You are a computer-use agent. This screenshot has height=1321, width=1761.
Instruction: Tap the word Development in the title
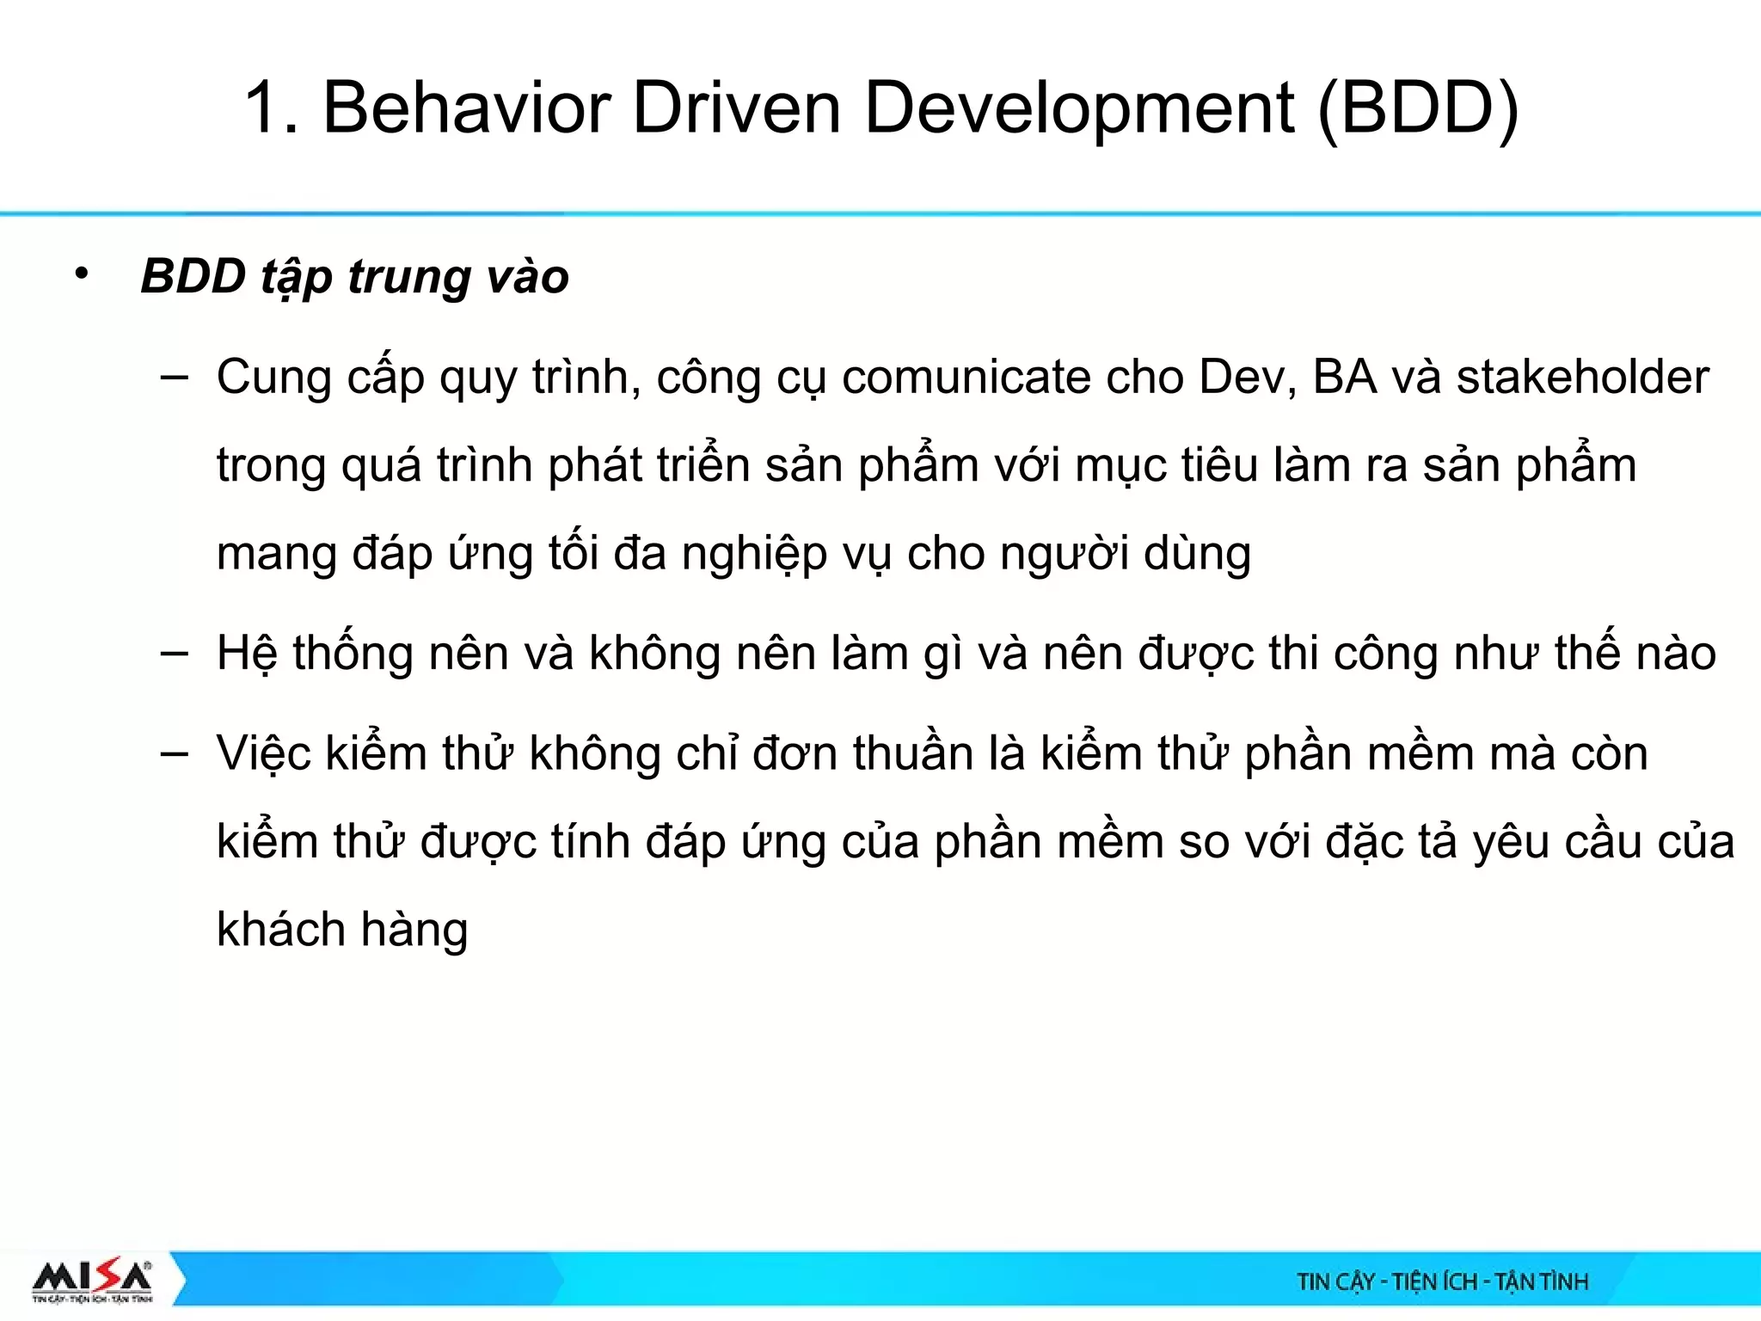click(1079, 110)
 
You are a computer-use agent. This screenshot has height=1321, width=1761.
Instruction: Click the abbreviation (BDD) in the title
click(1418, 109)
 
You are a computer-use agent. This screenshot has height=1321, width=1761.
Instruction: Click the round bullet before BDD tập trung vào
click(82, 274)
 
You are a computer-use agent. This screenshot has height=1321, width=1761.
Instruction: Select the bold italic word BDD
click(193, 276)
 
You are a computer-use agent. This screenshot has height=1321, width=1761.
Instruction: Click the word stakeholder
click(1582, 378)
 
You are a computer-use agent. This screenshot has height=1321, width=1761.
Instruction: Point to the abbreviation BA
click(1345, 378)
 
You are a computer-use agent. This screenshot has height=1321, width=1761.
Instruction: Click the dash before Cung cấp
click(175, 377)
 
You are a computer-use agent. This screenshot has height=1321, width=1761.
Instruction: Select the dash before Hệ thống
click(175, 653)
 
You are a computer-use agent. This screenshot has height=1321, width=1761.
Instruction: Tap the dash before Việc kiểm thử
click(175, 753)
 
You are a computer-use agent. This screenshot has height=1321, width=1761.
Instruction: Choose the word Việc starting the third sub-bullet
click(263, 754)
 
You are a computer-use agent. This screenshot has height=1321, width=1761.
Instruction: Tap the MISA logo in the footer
click(93, 1281)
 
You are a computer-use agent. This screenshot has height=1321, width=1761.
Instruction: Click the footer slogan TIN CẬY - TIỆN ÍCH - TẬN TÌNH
click(1442, 1282)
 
